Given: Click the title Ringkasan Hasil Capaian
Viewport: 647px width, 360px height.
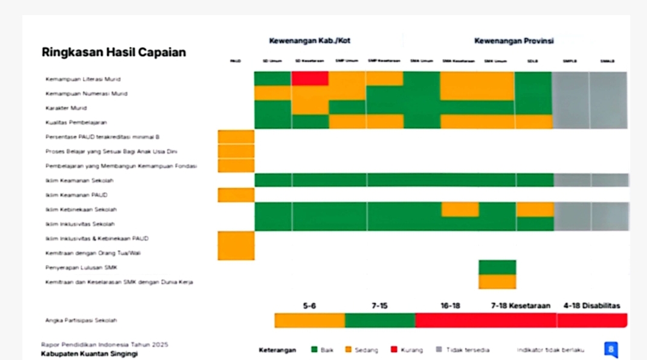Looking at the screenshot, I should pyautogui.click(x=114, y=53).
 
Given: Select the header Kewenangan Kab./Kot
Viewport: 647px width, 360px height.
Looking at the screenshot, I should pyautogui.click(x=309, y=41).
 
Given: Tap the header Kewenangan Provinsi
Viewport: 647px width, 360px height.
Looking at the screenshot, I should pyautogui.click(x=513, y=41).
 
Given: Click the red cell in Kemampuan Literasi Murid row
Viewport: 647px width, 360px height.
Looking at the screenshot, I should pyautogui.click(x=310, y=79).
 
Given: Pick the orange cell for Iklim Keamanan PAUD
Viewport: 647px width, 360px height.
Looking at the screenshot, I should pyautogui.click(x=236, y=195).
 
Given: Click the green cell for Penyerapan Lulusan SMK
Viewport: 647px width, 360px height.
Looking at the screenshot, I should pyautogui.click(x=497, y=267).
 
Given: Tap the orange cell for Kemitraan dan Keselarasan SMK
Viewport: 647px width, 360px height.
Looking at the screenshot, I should pyautogui.click(x=497, y=282).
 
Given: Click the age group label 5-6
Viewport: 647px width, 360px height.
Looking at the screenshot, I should pyautogui.click(x=309, y=306).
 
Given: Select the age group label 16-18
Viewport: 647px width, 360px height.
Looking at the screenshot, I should pyautogui.click(x=450, y=306).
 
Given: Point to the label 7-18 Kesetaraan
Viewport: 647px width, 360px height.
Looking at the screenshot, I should pyautogui.click(x=521, y=306).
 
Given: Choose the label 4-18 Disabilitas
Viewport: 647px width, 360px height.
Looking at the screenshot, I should pyautogui.click(x=591, y=306).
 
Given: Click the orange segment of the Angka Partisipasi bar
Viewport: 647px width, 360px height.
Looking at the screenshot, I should pyautogui.click(x=309, y=321).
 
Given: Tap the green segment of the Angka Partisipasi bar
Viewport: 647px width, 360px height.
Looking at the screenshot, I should pyautogui.click(x=380, y=321).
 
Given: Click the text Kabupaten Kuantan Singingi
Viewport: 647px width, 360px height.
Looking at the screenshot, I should pyautogui.click(x=89, y=353).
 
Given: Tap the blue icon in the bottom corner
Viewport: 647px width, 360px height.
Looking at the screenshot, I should pyautogui.click(x=611, y=349).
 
